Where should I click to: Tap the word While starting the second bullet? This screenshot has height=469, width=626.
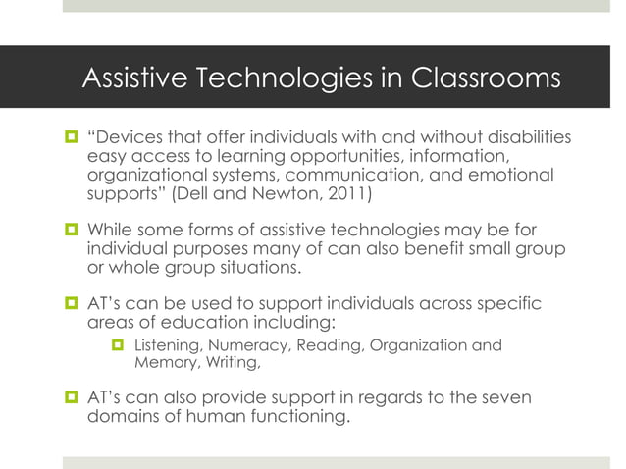(x=111, y=231)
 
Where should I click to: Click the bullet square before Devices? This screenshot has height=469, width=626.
(x=72, y=138)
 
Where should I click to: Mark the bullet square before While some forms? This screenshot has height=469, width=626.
(x=72, y=232)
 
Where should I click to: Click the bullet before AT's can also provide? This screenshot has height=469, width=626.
(x=72, y=399)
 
